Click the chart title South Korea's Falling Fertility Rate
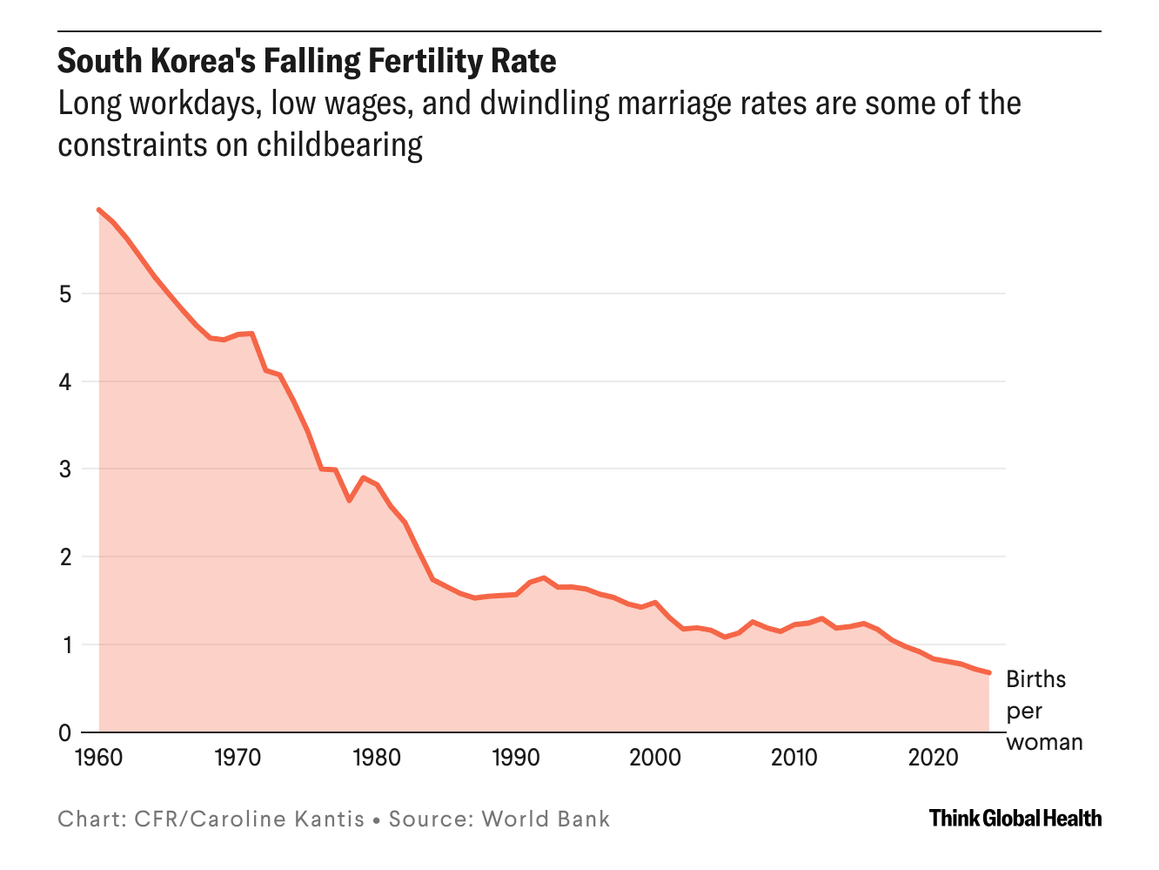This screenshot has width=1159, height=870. (x=306, y=62)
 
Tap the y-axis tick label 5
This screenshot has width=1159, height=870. (x=64, y=293)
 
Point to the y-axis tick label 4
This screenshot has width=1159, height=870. (x=64, y=381)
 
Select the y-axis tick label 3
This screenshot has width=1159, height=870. (x=64, y=469)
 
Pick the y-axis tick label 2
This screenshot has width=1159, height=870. (x=64, y=557)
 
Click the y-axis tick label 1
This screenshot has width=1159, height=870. (x=64, y=645)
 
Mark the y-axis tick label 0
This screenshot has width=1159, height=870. (x=64, y=733)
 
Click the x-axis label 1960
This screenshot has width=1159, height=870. (x=98, y=758)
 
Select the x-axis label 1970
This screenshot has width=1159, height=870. (x=238, y=758)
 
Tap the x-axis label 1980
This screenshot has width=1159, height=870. (x=377, y=758)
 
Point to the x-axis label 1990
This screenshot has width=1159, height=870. (x=516, y=758)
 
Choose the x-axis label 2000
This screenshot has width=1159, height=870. (x=655, y=758)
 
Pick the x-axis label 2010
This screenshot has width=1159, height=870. (x=794, y=758)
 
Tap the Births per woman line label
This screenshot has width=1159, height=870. (x=1043, y=711)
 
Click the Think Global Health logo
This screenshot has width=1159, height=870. (x=1015, y=819)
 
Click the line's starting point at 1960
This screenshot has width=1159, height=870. (x=98, y=209)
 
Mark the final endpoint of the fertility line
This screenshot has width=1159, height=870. (x=989, y=672)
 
